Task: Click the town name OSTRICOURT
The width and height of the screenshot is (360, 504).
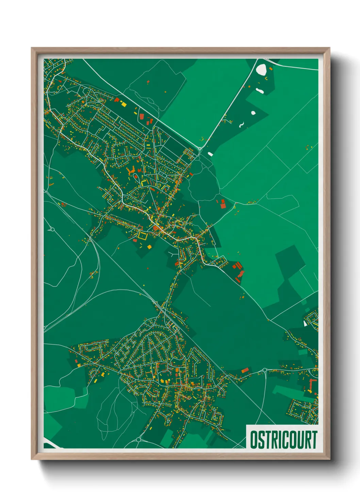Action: [x=283, y=440]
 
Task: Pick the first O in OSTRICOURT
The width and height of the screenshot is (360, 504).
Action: [x=254, y=440]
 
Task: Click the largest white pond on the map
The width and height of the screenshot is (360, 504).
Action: [x=261, y=69]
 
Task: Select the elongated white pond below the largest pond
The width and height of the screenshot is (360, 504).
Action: [x=260, y=91]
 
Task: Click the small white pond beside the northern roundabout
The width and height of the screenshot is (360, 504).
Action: [x=210, y=154]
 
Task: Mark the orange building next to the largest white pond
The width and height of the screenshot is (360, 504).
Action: [x=271, y=69]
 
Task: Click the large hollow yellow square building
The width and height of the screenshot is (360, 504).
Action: [x=142, y=236]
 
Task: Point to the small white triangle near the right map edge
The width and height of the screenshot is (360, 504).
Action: [x=305, y=323]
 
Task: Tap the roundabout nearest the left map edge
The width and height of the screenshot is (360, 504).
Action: [x=52, y=229]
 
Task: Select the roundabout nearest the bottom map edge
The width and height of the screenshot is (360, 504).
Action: [x=138, y=439]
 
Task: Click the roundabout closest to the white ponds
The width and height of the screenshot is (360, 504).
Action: [x=200, y=149]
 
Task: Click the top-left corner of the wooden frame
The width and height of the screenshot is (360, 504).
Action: [x=32, y=49]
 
